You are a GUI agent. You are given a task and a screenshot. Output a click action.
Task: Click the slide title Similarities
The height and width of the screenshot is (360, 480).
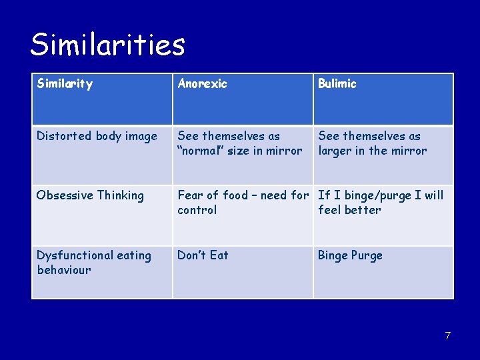(107, 45)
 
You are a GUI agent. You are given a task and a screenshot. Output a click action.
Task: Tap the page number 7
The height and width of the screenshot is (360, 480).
(448, 335)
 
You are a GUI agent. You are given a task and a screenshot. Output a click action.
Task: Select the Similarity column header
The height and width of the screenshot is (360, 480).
(65, 84)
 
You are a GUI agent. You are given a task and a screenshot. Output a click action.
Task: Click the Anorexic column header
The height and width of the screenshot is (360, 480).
(202, 84)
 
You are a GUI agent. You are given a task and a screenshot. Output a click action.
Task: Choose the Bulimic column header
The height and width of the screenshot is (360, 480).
(337, 84)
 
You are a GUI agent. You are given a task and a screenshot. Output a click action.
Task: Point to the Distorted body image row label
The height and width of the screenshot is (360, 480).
(97, 136)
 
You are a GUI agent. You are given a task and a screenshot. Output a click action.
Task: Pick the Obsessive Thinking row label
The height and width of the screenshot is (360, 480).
(90, 195)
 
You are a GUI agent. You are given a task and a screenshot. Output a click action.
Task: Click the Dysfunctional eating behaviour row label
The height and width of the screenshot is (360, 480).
(93, 262)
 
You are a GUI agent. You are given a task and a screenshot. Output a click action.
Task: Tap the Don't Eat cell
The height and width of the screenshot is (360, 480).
(203, 255)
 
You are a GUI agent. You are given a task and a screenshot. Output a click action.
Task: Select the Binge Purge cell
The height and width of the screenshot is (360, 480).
(350, 255)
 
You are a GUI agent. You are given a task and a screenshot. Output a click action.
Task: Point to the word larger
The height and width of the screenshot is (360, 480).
(335, 151)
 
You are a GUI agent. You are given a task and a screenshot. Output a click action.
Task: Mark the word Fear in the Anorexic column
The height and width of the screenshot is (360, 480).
(190, 195)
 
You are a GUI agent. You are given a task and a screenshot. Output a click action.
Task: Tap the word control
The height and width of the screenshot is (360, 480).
(197, 210)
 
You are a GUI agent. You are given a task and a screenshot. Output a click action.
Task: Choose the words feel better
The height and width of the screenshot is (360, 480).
(349, 210)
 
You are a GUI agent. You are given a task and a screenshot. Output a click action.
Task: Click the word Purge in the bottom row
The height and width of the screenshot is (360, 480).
(367, 255)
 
